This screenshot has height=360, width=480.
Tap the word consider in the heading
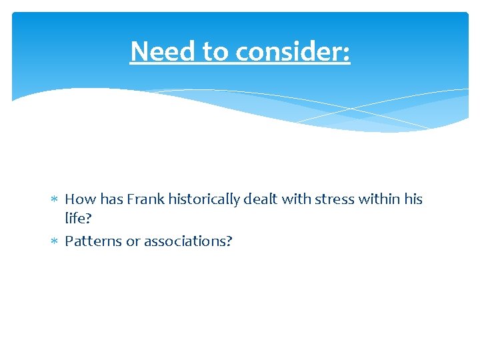pyautogui.click(x=294, y=51)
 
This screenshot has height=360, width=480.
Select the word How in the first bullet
pyautogui.click(x=80, y=199)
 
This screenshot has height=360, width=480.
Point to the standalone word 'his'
pyautogui.click(x=413, y=199)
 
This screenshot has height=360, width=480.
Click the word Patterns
pyautogui.click(x=93, y=241)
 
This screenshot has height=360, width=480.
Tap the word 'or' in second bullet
pyautogui.click(x=133, y=241)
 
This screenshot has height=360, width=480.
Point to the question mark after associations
pyautogui.click(x=229, y=241)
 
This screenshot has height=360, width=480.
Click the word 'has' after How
pyautogui.click(x=110, y=199)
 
